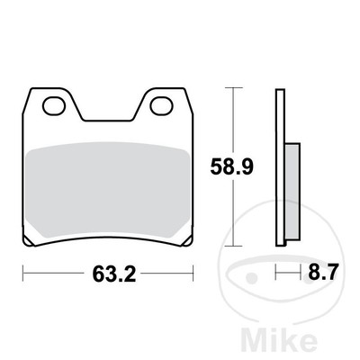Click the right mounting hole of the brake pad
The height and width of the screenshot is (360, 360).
point(162,106)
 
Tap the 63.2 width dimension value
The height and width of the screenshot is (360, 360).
point(107,273)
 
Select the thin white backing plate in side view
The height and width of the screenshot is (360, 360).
point(280,166)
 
